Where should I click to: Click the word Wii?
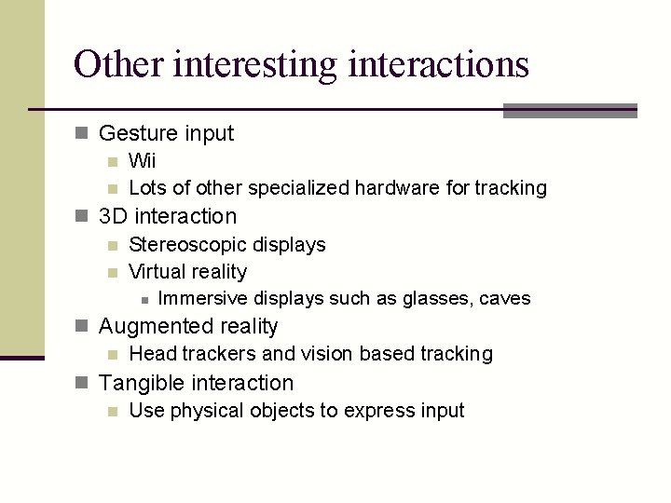point(143,161)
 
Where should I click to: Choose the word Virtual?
point(155,272)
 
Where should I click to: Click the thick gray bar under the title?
point(569,111)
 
